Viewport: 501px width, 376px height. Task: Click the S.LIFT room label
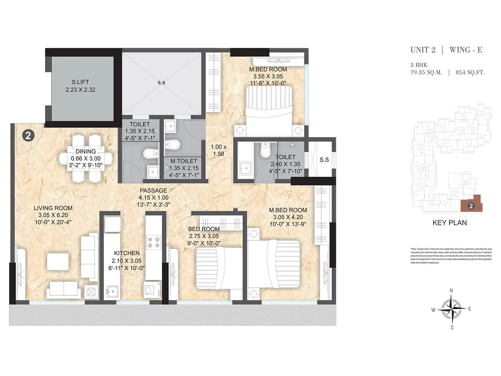tap(80, 82)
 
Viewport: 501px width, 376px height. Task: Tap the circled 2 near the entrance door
tap(28, 135)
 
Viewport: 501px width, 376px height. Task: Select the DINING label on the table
tap(85, 152)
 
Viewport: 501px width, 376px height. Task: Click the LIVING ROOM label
tap(53, 208)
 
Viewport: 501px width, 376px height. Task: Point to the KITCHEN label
tap(127, 253)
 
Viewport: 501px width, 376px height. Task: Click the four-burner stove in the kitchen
tap(154, 243)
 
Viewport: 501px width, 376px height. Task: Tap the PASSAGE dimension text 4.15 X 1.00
tap(153, 198)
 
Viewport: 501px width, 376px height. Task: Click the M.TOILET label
tap(183, 161)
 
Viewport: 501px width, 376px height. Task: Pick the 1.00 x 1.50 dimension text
tap(219, 150)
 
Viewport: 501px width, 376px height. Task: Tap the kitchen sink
tap(112, 292)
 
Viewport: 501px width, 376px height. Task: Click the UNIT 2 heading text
tap(423, 50)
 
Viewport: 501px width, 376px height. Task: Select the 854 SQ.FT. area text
tap(470, 72)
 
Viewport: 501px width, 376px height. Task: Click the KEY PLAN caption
tap(449, 223)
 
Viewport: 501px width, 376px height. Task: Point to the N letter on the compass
tap(451, 290)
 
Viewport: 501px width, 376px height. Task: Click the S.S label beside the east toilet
tap(324, 159)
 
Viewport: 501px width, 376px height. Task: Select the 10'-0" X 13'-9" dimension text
tap(287, 224)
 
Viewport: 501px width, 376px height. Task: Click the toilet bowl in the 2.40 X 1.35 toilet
tap(265, 150)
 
